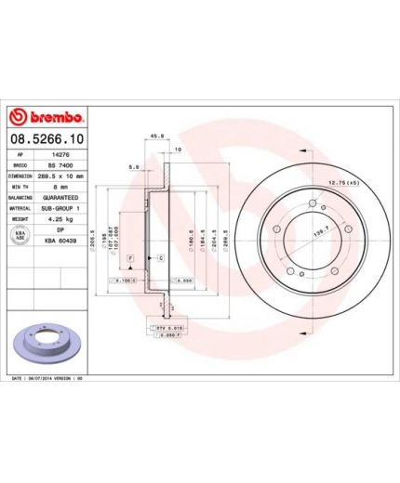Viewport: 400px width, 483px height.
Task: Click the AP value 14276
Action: (60, 154)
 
